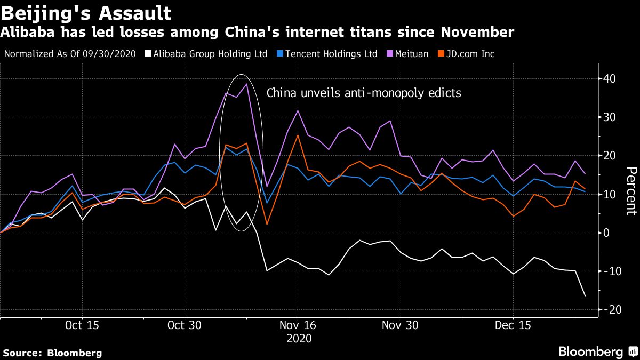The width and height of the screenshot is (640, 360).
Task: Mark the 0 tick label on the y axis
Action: (x=606, y=233)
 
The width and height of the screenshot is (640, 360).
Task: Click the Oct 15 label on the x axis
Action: (x=82, y=325)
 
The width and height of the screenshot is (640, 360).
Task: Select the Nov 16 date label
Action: (x=298, y=325)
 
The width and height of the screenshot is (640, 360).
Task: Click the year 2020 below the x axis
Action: (x=298, y=338)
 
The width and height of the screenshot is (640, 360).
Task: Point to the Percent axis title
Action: (x=631, y=191)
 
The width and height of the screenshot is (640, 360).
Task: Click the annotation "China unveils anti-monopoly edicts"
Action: (x=364, y=93)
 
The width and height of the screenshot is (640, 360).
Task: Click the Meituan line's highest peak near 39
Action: (x=246, y=84)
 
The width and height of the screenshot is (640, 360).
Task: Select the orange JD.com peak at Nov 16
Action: (x=298, y=135)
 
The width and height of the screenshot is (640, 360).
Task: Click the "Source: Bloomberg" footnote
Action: (x=52, y=353)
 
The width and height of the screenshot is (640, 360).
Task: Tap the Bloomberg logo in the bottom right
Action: (x=597, y=352)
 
